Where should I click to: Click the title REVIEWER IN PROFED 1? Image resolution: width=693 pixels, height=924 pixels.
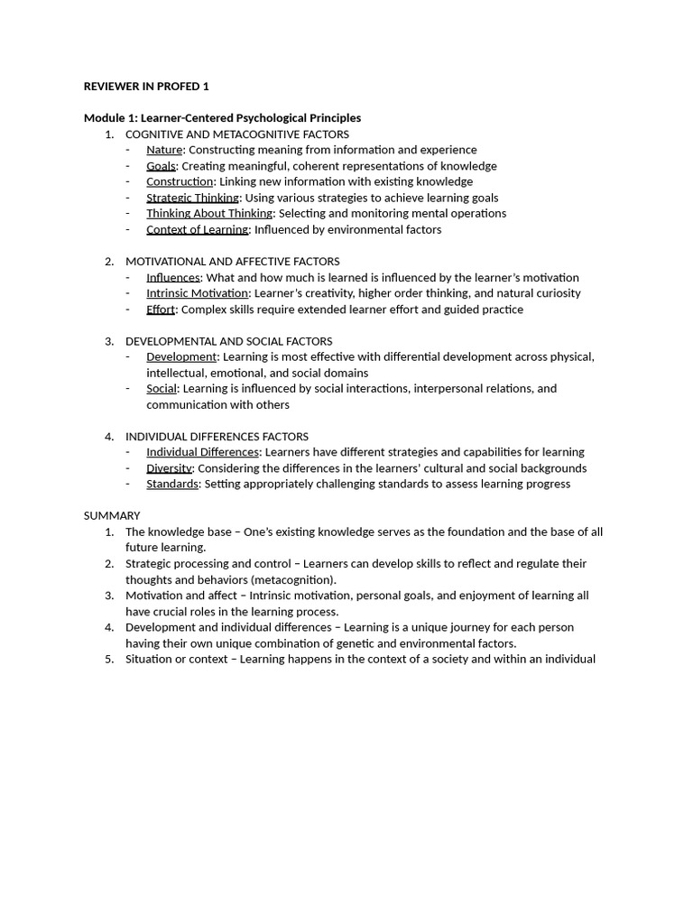point(146,87)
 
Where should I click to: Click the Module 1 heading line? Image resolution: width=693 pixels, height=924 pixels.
point(222,118)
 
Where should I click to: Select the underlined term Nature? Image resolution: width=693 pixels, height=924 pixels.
point(164,150)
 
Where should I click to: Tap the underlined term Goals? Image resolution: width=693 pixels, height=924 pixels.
point(162,166)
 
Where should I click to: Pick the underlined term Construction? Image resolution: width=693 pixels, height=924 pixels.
point(180,181)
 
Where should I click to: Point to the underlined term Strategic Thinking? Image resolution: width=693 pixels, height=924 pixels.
point(192,198)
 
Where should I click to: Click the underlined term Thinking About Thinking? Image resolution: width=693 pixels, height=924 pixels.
point(209,213)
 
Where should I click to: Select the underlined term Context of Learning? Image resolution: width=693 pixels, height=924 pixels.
point(197,229)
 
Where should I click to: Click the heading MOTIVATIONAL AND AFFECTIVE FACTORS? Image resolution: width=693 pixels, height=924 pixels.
point(232,262)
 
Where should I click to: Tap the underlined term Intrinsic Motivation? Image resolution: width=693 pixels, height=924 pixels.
point(197,293)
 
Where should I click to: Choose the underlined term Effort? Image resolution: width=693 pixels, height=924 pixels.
point(161,310)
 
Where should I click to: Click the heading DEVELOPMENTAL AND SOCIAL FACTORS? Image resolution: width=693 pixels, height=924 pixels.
point(228,341)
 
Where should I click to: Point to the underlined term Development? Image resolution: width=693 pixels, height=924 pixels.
point(181,356)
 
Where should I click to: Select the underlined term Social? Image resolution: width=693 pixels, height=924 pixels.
point(162,389)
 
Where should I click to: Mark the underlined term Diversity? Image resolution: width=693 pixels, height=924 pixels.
point(169,468)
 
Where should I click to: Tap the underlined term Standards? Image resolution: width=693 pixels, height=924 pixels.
point(172,484)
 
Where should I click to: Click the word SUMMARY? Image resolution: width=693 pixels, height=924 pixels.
point(112,516)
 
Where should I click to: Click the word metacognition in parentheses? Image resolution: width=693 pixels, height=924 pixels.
point(293,580)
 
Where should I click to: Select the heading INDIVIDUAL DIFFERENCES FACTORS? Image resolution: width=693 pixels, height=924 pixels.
point(217,437)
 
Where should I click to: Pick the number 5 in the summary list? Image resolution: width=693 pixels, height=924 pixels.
point(109,659)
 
